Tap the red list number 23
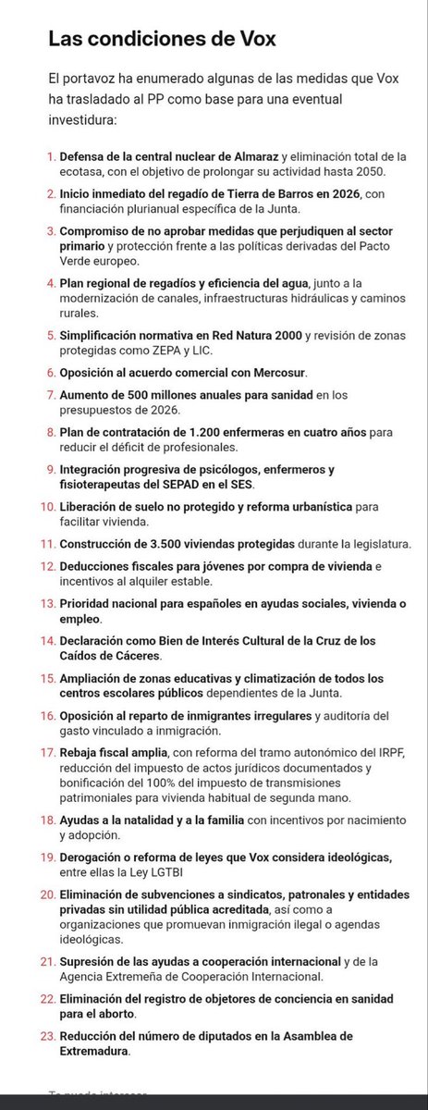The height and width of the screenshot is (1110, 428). (x=48, y=1036)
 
